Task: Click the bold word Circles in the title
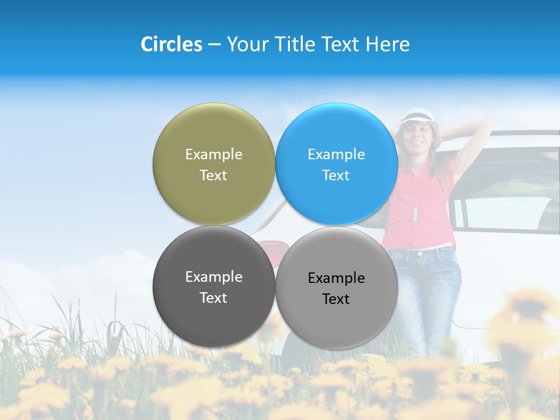(171, 44)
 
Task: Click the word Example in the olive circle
(213, 155)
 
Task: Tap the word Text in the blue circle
(336, 176)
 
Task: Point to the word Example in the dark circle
(213, 277)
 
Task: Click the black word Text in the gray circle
(336, 299)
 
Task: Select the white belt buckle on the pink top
(415, 214)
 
